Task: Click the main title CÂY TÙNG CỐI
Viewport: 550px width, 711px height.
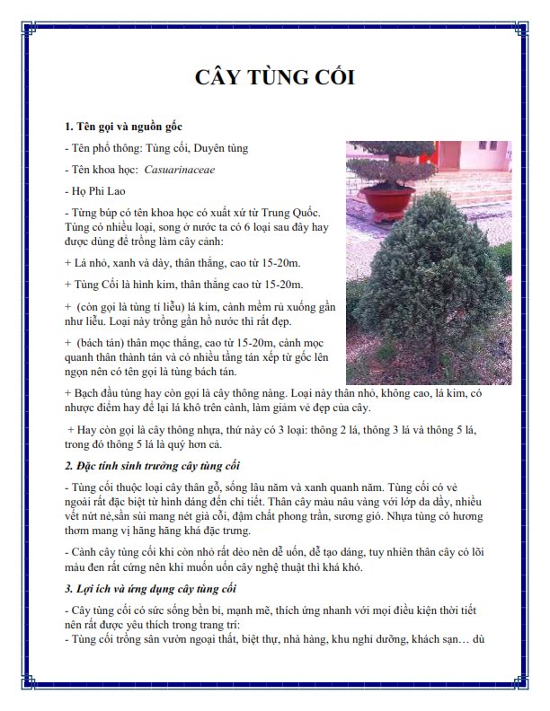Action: coord(275,77)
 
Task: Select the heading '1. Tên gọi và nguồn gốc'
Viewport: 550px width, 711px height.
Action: coord(123,126)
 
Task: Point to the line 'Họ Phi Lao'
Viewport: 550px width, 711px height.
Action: coord(89,190)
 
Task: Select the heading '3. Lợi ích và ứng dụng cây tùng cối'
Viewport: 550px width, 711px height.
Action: coord(150,589)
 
